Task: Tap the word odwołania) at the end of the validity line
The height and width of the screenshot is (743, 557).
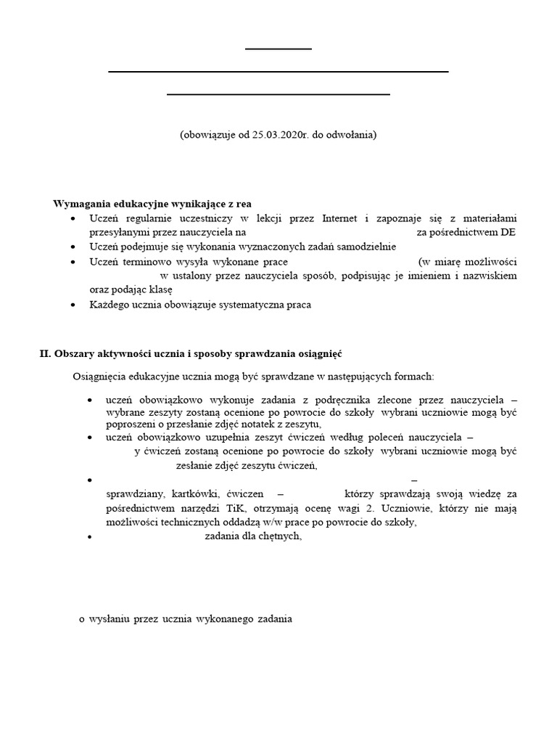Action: (352, 135)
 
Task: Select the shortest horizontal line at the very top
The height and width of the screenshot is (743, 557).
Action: (278, 49)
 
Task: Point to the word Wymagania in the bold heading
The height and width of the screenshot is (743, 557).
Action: (80, 203)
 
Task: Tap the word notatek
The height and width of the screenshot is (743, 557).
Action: (247, 424)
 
